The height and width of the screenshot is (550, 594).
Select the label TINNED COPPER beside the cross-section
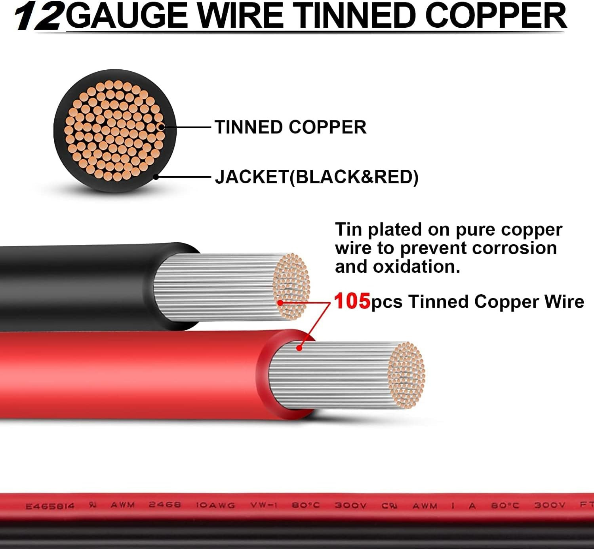click(290, 127)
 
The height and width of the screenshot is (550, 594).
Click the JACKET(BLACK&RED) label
click(317, 177)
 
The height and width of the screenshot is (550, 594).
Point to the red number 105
click(352, 301)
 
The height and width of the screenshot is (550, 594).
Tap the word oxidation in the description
click(416, 266)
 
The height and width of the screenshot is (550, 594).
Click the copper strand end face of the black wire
click(291, 287)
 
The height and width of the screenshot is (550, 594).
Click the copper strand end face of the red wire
click(406, 375)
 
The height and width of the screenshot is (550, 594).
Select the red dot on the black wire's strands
click(280, 303)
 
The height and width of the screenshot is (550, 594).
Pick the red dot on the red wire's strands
click(299, 348)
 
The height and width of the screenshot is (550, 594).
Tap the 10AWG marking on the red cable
click(215, 505)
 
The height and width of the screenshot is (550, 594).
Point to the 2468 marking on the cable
click(165, 505)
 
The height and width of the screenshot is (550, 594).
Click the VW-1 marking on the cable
click(264, 505)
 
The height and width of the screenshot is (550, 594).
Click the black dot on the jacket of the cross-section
click(156, 177)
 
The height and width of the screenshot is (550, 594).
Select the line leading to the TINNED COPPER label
click(187, 127)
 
